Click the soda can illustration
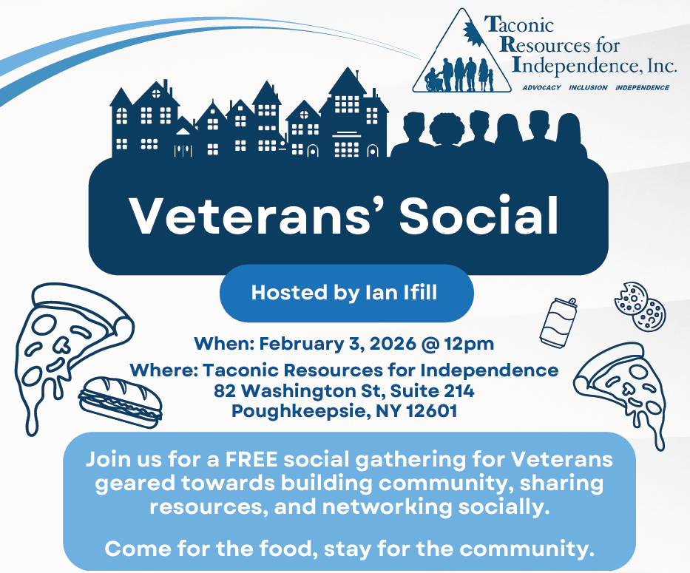[x=557, y=322]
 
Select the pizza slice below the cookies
[x=623, y=391]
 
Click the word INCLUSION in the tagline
[x=589, y=87]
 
